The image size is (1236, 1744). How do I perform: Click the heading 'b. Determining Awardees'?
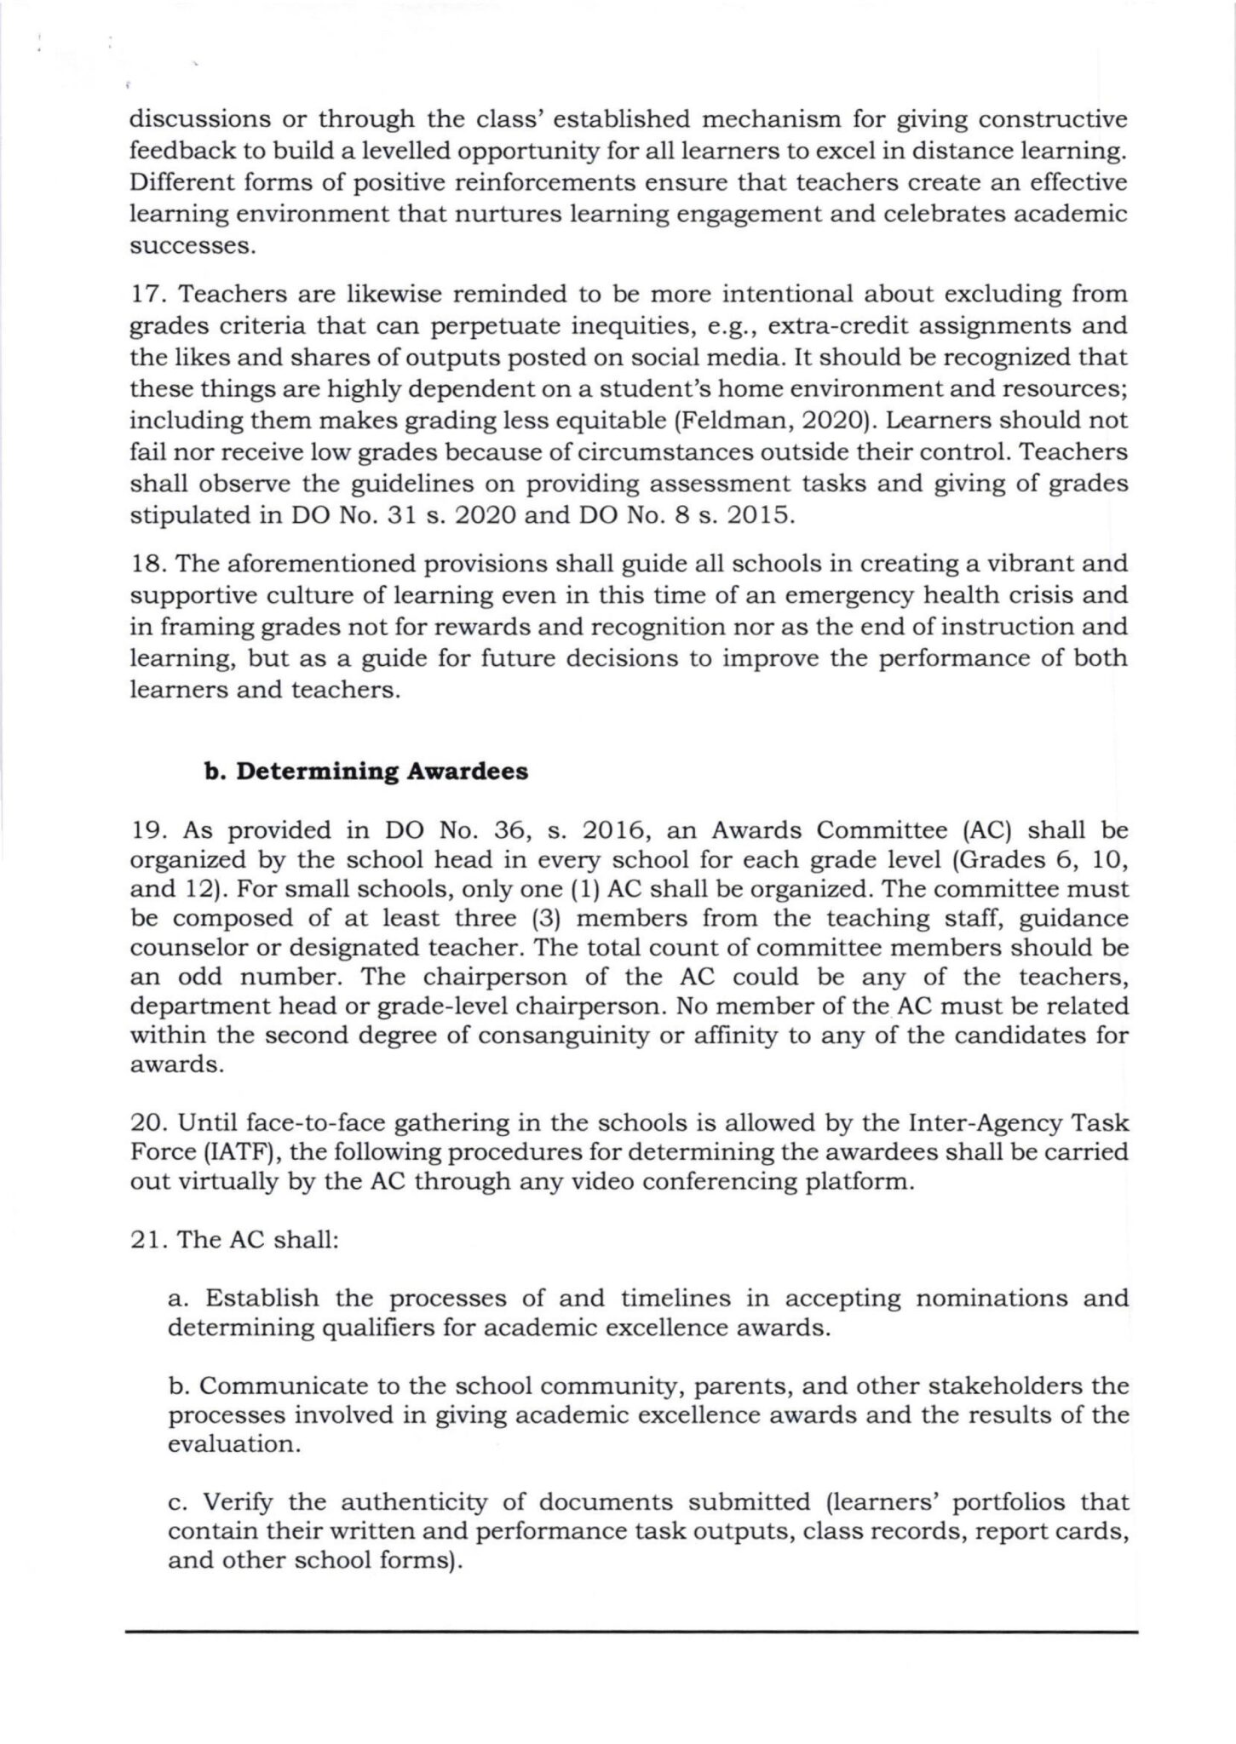pyautogui.click(x=366, y=772)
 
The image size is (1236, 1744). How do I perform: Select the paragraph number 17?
pyautogui.click(x=147, y=294)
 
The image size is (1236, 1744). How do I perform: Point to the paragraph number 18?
pyautogui.click(x=147, y=563)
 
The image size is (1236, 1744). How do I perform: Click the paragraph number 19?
pyautogui.click(x=147, y=829)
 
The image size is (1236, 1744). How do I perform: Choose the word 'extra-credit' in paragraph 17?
pyautogui.click(x=839, y=325)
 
